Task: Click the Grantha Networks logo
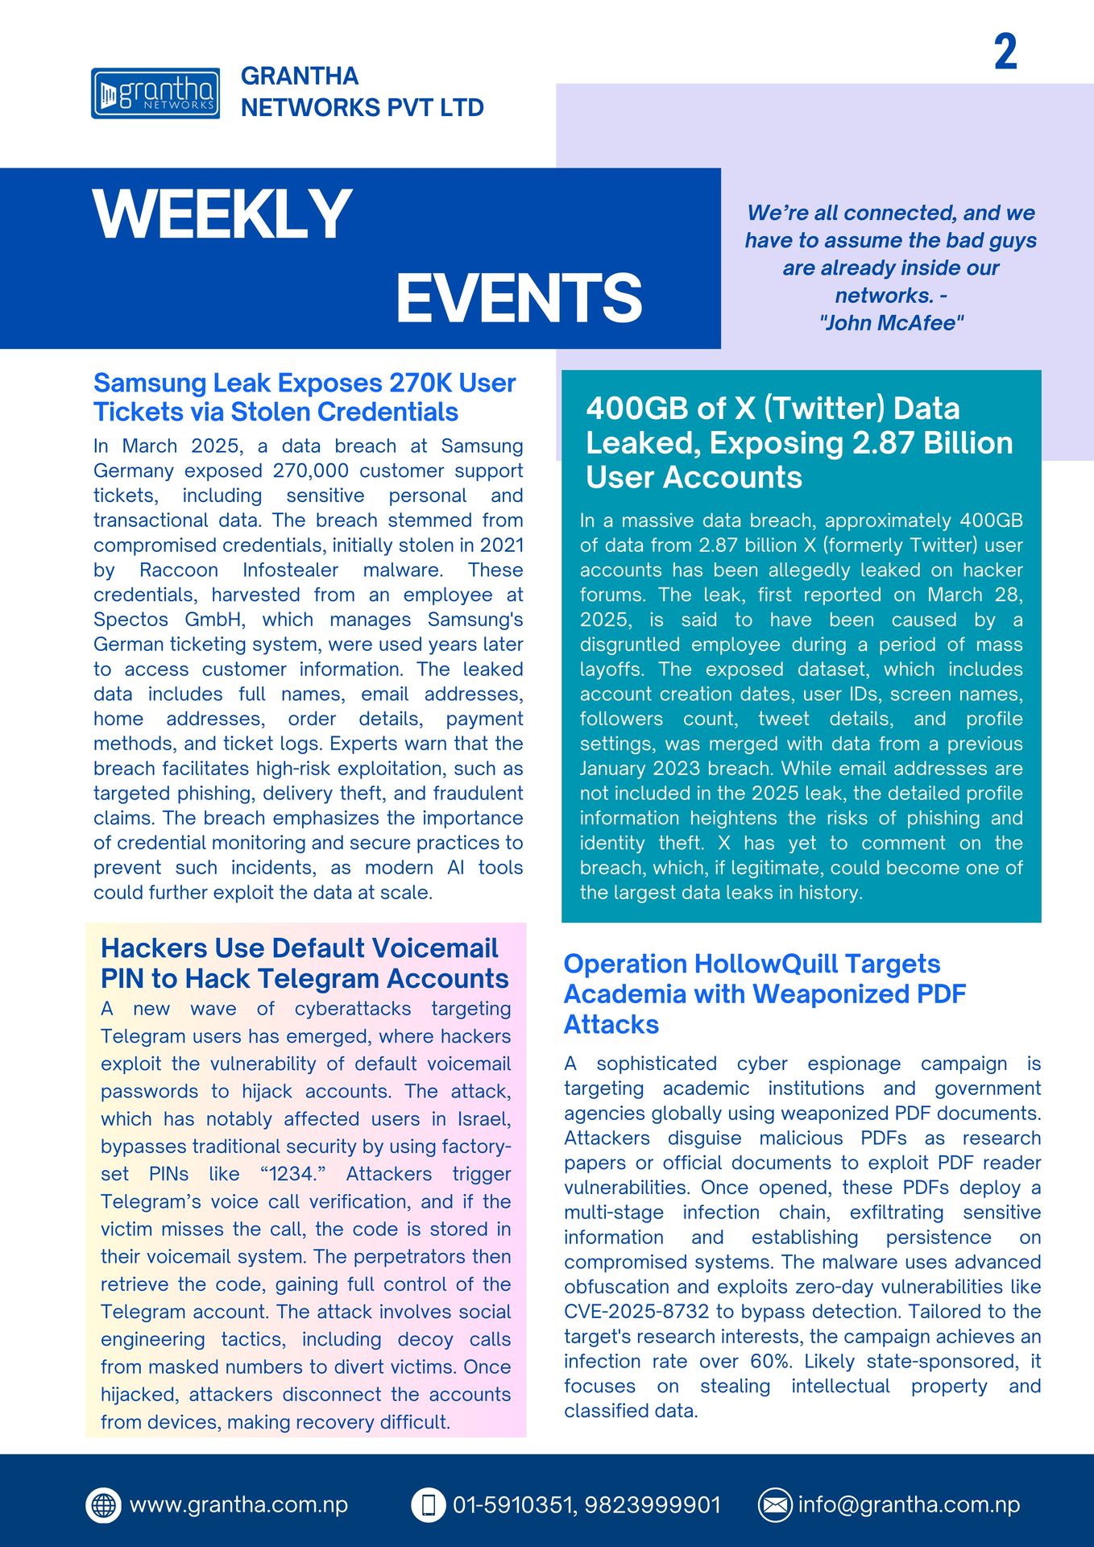point(155,93)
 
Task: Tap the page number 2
point(1005,52)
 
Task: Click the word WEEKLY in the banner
point(222,214)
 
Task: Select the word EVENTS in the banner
point(519,297)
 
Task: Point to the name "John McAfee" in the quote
point(891,323)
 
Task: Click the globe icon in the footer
point(104,1504)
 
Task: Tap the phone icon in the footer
point(429,1504)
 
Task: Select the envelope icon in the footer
point(775,1504)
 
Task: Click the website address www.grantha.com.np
point(238,1504)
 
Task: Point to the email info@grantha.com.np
point(909,1504)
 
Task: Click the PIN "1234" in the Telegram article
point(292,1174)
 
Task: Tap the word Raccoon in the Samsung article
point(179,570)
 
